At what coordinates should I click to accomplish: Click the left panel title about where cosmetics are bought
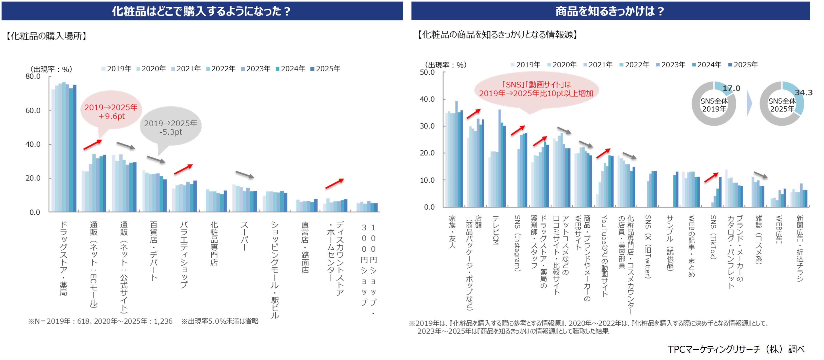coord(202,11)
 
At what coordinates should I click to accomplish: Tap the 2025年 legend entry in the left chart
coord(325,69)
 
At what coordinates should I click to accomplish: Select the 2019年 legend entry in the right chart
coord(525,64)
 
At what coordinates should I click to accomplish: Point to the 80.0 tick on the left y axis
coord(33,76)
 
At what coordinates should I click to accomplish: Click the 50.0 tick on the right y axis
coord(427,72)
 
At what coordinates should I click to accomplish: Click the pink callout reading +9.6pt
coord(111,111)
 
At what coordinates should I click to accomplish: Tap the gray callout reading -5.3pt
coord(171,127)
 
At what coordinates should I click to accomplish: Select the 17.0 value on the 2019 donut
coord(731,88)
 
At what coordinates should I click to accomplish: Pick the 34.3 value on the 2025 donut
coord(803,93)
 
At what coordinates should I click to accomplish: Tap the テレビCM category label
coord(496,230)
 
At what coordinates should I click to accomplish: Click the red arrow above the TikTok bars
coord(711,177)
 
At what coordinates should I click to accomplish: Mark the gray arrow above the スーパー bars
coord(245,174)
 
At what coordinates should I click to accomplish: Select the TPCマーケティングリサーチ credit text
coord(736,349)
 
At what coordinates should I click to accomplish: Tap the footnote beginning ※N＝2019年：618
coord(100,321)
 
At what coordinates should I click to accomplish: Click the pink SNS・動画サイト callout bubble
coord(536,89)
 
